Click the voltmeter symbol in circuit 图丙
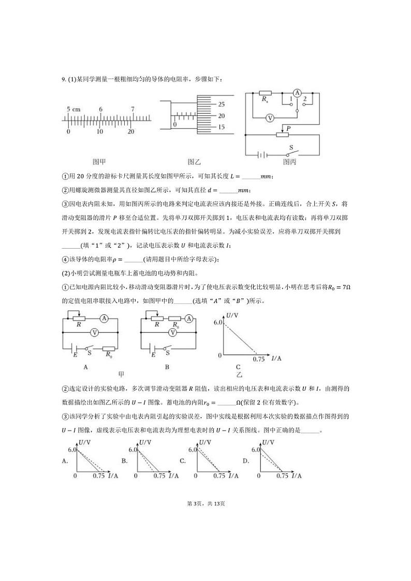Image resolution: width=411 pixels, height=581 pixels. point(270,118)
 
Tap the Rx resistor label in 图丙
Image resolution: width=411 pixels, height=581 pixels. point(265,98)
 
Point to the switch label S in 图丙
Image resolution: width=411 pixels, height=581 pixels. point(291,147)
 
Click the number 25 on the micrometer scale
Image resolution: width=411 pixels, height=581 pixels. point(222,103)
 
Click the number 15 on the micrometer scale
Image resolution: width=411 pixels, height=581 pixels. point(222,127)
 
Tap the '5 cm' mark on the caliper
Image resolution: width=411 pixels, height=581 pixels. point(74,110)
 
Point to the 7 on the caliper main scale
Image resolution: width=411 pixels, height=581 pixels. point(133,110)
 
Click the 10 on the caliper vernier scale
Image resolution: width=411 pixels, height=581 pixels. point(99,132)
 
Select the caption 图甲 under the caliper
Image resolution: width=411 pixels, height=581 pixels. point(99,161)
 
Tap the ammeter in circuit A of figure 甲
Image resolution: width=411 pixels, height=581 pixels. point(104,319)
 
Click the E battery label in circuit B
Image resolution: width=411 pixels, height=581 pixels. point(153,356)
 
